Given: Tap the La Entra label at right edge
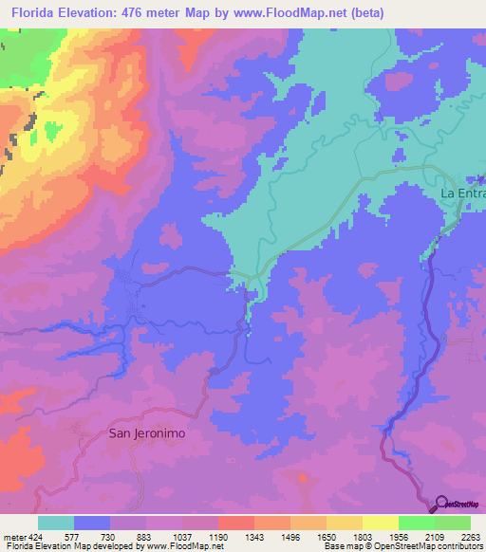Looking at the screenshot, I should (462, 193).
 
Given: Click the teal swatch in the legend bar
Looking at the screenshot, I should (56, 522).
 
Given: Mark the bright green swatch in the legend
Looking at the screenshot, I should (417, 522).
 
